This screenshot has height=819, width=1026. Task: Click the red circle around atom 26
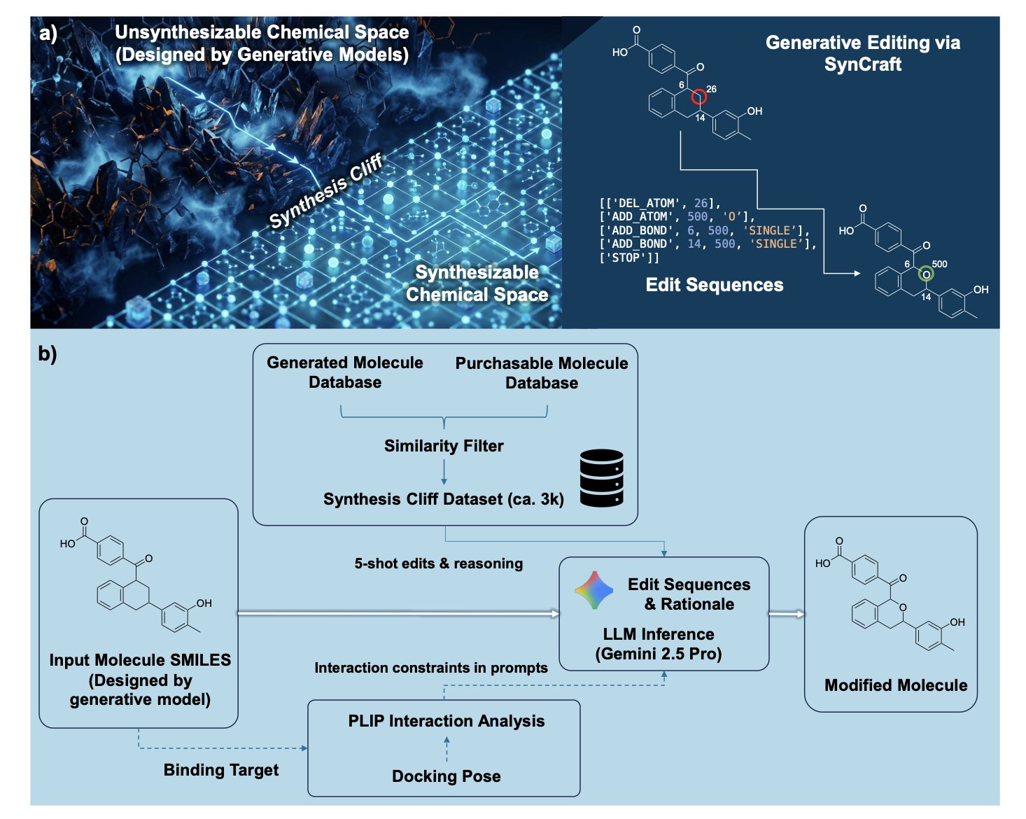pos(698,97)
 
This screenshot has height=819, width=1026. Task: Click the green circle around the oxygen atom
pos(926,274)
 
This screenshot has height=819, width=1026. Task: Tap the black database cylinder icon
pos(601,478)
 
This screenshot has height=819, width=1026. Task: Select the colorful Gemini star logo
pos(594,590)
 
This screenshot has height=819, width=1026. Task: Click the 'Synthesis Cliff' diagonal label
pos(326,191)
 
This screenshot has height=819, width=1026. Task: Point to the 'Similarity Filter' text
pos(444,446)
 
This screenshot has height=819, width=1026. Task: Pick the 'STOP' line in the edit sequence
pos(629,258)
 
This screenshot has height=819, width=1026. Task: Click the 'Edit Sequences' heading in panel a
pos(714,285)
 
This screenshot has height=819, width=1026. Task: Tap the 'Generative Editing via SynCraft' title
pos(862,53)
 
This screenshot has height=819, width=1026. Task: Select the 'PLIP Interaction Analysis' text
pos(446,721)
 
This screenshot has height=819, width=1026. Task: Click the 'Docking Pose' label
pos(446,776)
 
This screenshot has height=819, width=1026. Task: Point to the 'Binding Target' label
pos(221,770)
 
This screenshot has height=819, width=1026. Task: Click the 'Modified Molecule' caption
pos(895,685)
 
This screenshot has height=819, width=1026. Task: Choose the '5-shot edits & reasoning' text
pos(438,563)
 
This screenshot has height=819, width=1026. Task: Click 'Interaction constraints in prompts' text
pos(431,668)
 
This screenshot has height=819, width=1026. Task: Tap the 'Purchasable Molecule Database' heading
pos(542,372)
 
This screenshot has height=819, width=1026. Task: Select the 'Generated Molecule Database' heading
pos(345,372)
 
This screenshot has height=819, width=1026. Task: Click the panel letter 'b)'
pos(48,353)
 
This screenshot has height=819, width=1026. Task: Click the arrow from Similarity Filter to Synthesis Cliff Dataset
pos(444,472)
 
